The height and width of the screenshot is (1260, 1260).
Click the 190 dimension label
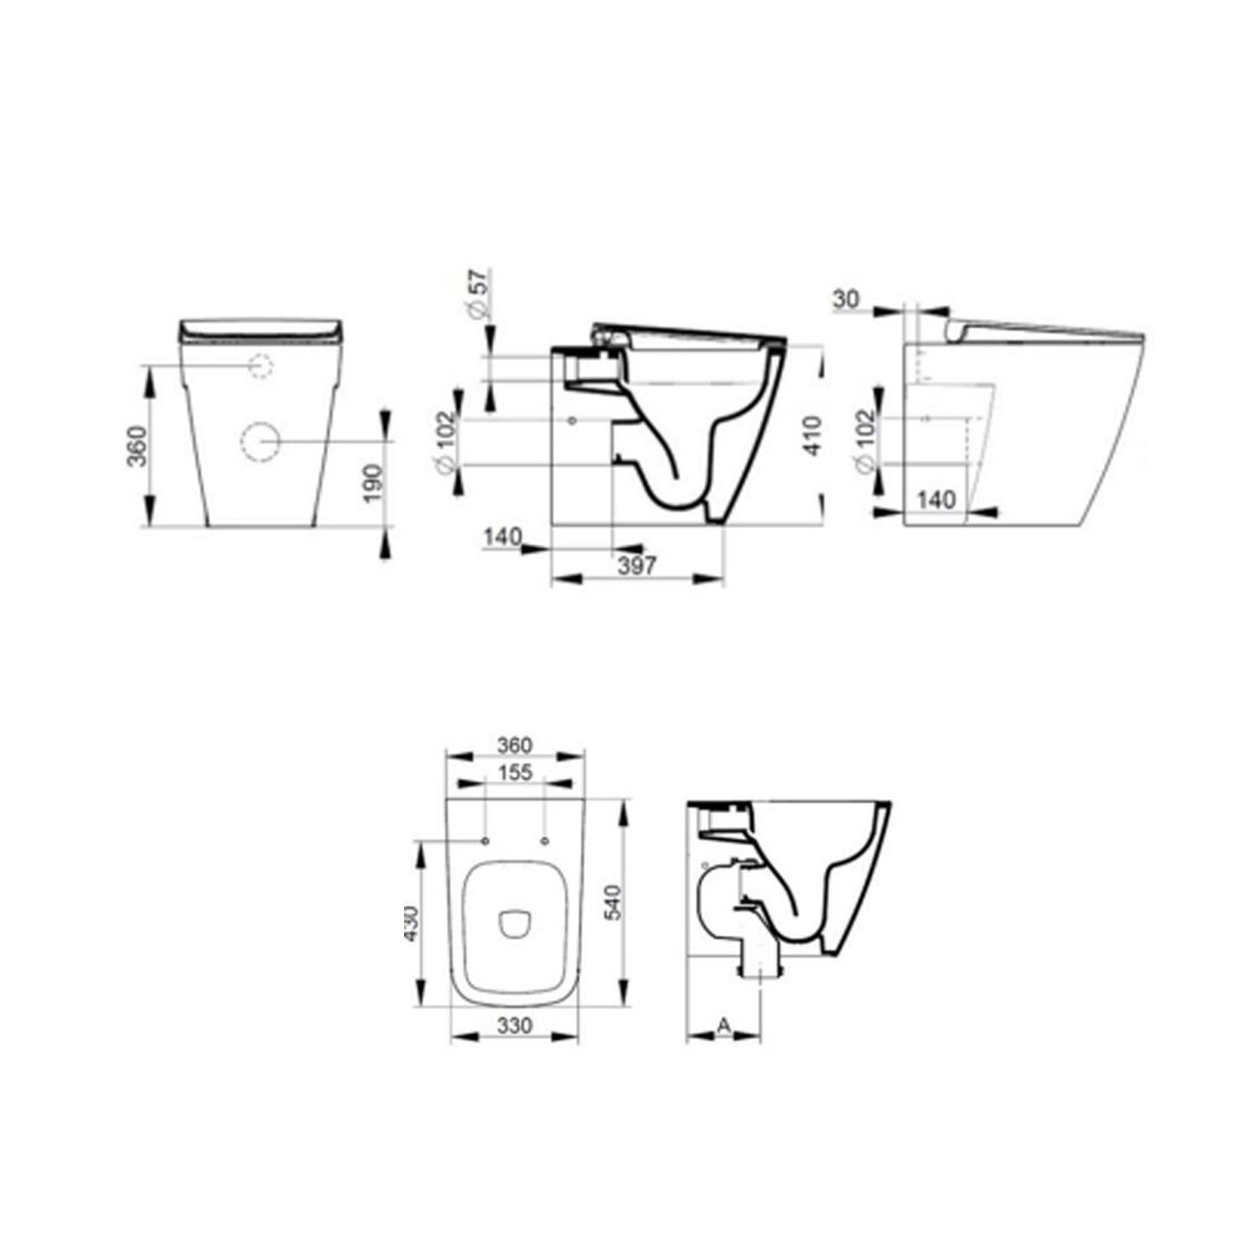click(373, 482)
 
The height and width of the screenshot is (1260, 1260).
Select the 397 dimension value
click(637, 565)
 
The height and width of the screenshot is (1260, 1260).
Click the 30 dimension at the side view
click(847, 299)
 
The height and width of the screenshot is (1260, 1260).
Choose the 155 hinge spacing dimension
click(514, 772)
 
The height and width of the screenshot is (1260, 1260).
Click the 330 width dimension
click(514, 1026)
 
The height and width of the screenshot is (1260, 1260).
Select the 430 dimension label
click(411, 923)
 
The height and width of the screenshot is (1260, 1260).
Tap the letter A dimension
click(724, 1025)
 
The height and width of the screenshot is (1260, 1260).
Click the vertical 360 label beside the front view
click(138, 446)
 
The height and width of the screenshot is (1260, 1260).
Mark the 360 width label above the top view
click(514, 745)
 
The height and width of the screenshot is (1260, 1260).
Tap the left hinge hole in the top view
click(486, 841)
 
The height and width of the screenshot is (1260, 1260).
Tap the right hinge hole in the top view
click(543, 841)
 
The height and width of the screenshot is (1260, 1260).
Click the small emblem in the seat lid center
click(514, 924)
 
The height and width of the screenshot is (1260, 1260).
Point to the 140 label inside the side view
click(935, 500)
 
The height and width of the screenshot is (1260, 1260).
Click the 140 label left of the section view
click(502, 536)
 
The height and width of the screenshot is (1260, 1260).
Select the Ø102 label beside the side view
click(866, 439)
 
